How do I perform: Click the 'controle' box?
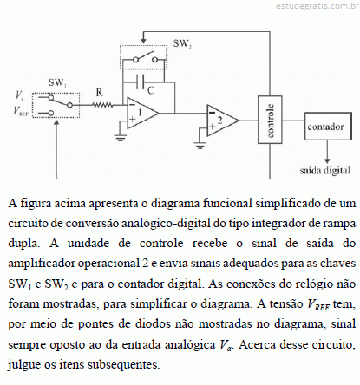[270, 119]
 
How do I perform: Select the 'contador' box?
[328, 127]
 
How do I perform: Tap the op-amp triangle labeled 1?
[142, 113]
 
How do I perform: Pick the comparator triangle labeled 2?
[222, 121]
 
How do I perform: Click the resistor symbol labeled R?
[102, 105]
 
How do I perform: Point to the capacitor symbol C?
[140, 82]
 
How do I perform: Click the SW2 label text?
[182, 43]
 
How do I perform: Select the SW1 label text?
[57, 83]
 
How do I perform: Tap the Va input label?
[20, 95]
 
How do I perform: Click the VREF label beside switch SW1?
[21, 111]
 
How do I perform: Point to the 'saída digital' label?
[324, 171]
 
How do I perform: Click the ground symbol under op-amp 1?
[121, 138]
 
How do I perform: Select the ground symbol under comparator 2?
[200, 146]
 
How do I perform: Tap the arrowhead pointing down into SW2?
[143, 42]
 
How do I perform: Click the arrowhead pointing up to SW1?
[56, 123]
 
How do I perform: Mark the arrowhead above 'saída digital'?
[327, 160]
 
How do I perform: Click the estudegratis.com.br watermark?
[317, 6]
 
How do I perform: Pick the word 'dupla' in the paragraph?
[23, 244]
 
